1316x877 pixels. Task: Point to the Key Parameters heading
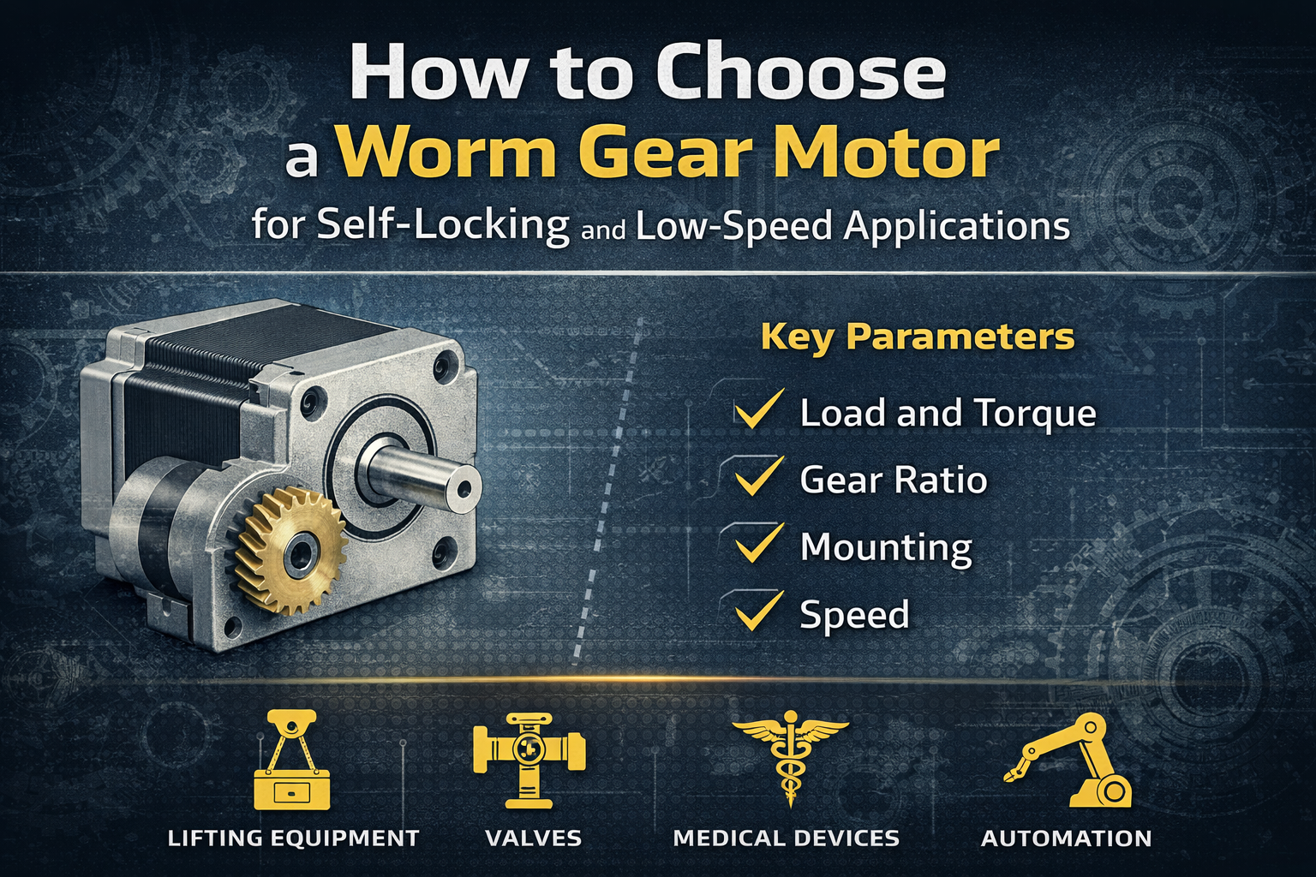pyautogui.click(x=918, y=337)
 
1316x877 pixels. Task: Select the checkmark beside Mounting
pyautogui.click(x=759, y=544)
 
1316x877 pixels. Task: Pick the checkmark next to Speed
pyautogui.click(x=759, y=612)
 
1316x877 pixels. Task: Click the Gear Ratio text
pyautogui.click(x=894, y=480)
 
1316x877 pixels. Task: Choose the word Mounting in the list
pyautogui.click(x=886, y=547)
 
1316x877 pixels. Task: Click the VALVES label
pyautogui.click(x=533, y=838)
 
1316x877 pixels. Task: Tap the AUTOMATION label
pyautogui.click(x=1066, y=838)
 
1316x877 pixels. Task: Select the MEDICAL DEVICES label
pyautogui.click(x=787, y=838)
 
